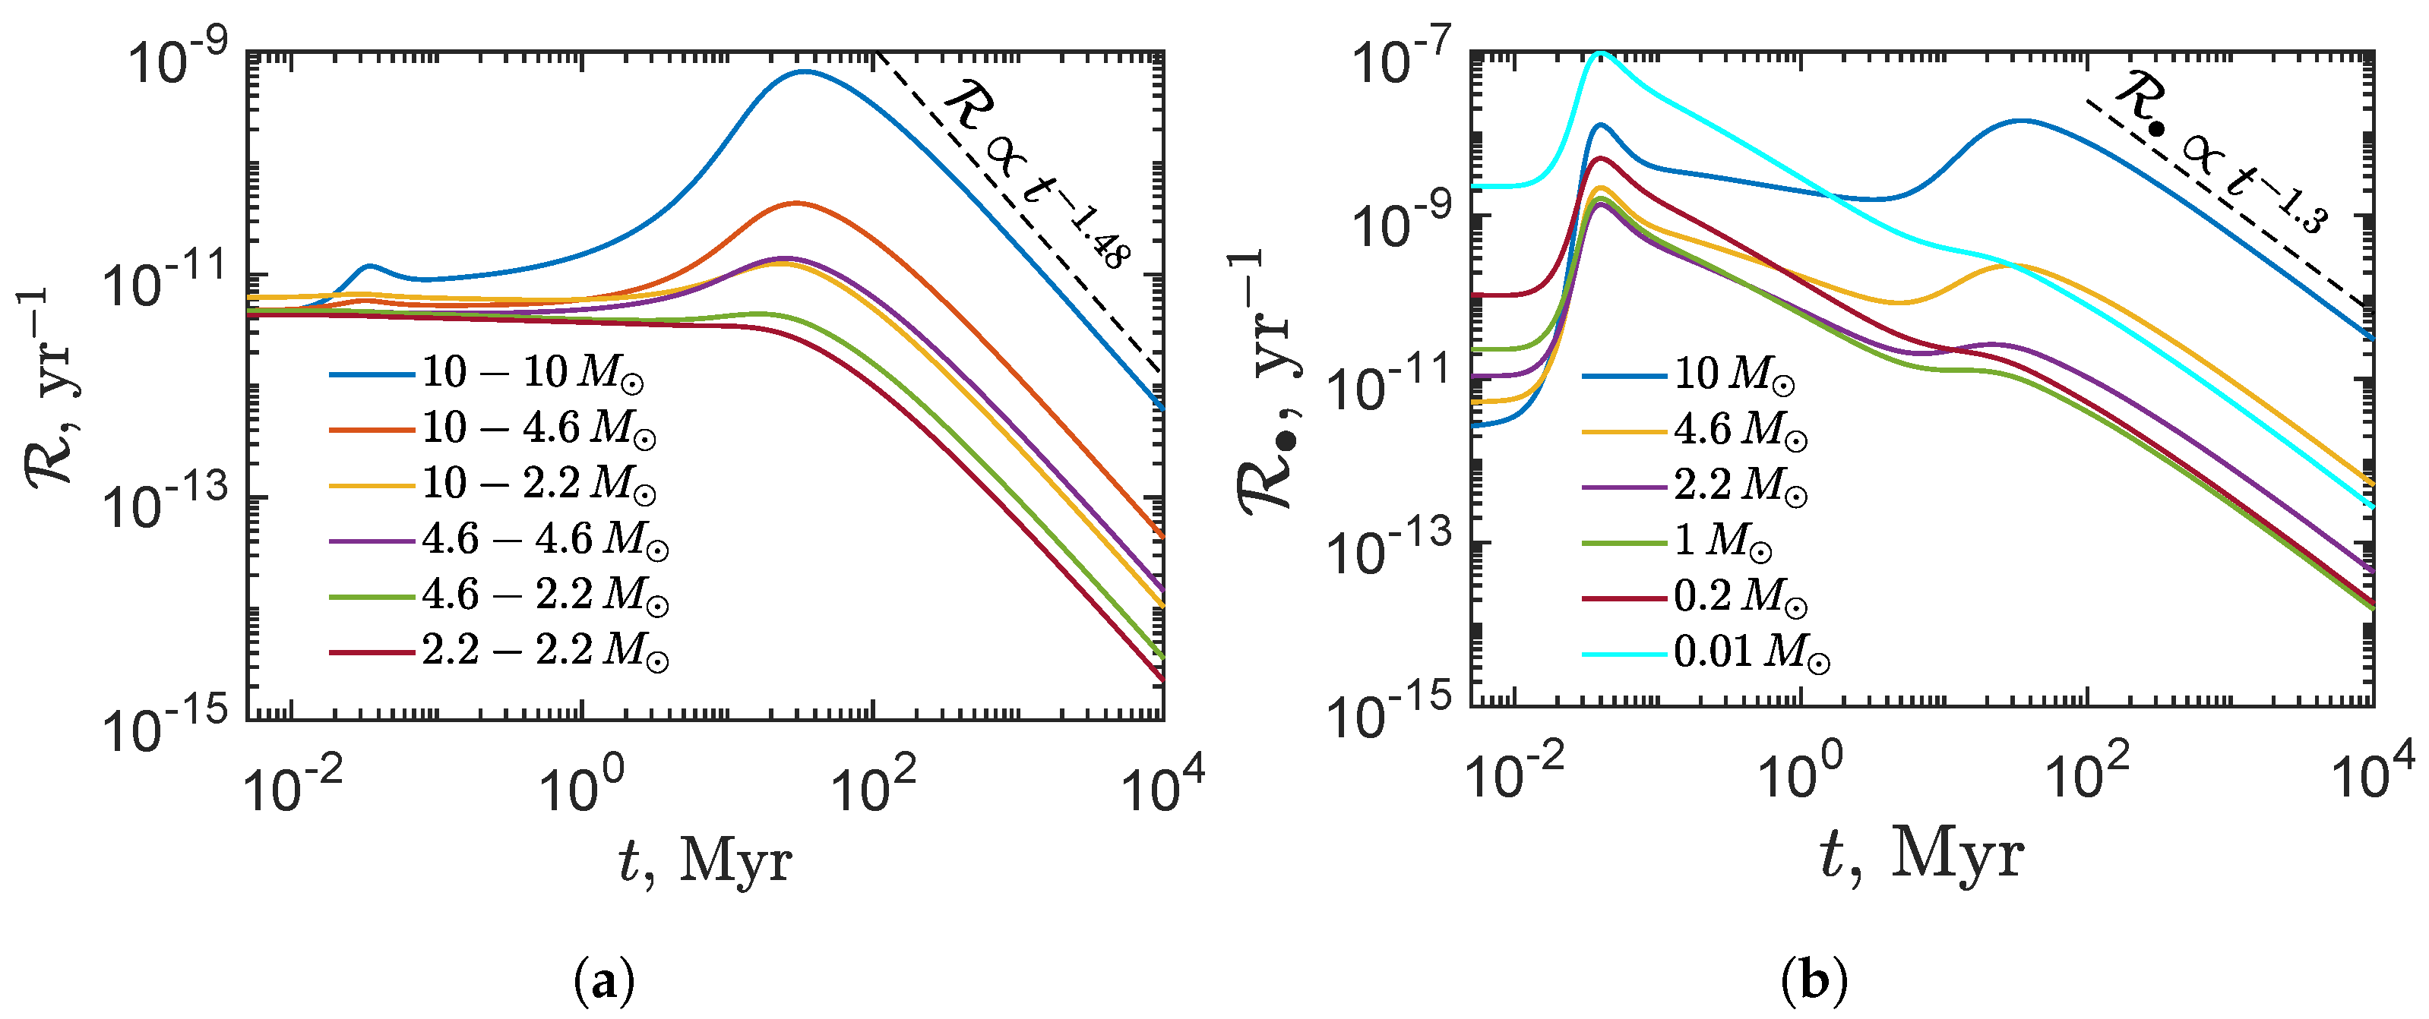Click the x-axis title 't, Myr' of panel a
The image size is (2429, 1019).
click(x=705, y=860)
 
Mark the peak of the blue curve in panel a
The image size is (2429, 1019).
click(x=803, y=71)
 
